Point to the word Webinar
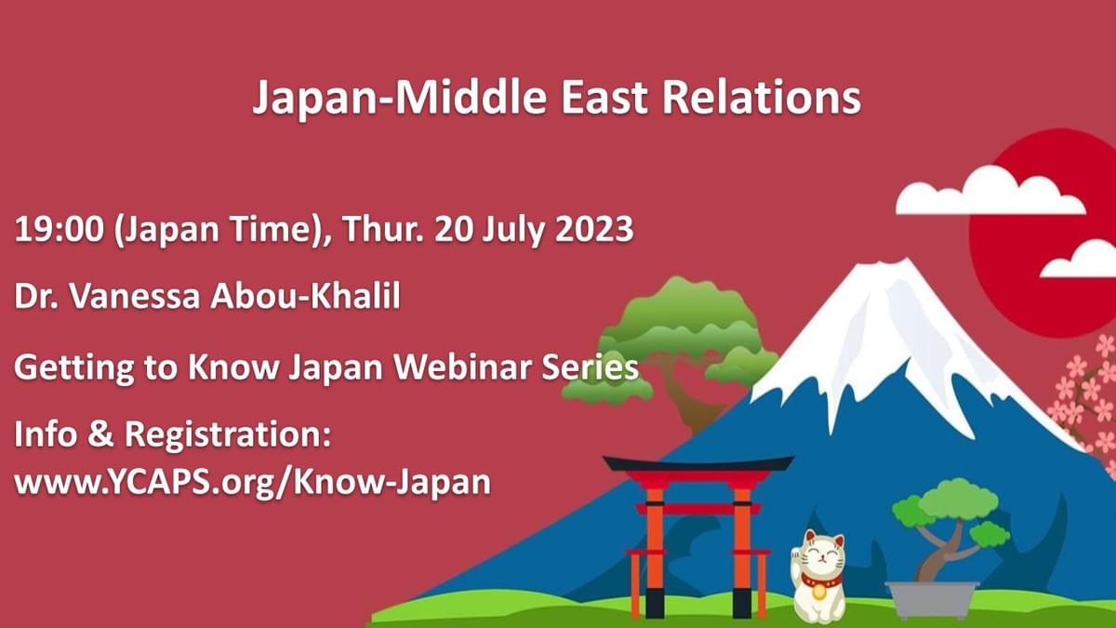pyautogui.click(x=457, y=367)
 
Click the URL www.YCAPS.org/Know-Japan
pyautogui.click(x=252, y=482)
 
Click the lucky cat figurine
pyautogui.click(x=819, y=577)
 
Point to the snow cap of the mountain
pyautogui.click(x=883, y=335)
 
